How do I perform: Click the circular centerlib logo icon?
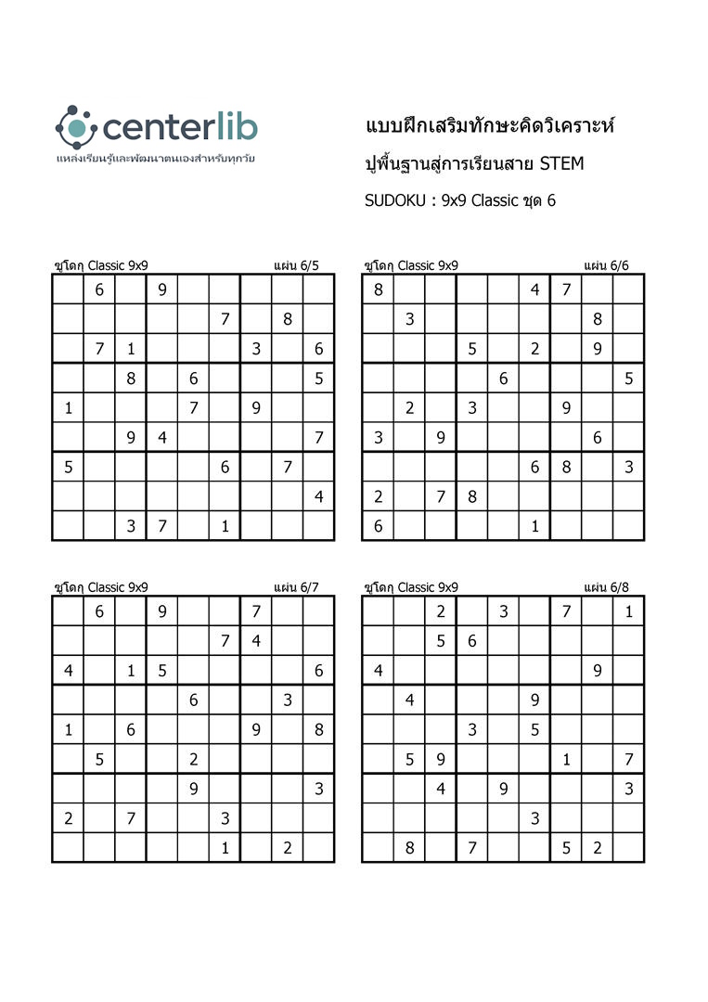(x=76, y=127)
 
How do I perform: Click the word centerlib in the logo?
(x=180, y=127)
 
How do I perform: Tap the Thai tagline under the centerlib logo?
(x=155, y=159)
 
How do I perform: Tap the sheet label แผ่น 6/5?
(x=296, y=265)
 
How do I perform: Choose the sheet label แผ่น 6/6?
(x=606, y=265)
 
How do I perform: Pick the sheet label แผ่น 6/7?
(x=296, y=587)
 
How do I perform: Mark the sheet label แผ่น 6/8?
(x=606, y=587)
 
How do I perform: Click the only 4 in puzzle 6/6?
(x=534, y=289)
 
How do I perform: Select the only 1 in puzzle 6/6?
(x=534, y=526)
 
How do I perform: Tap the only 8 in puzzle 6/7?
(x=318, y=730)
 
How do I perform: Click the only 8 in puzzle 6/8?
(x=409, y=848)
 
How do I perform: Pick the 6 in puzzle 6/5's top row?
(x=99, y=289)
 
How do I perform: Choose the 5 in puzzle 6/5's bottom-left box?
(x=68, y=468)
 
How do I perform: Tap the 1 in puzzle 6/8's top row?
(x=628, y=611)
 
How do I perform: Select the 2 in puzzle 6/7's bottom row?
(x=288, y=848)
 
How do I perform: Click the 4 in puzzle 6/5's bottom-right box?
(x=318, y=496)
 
